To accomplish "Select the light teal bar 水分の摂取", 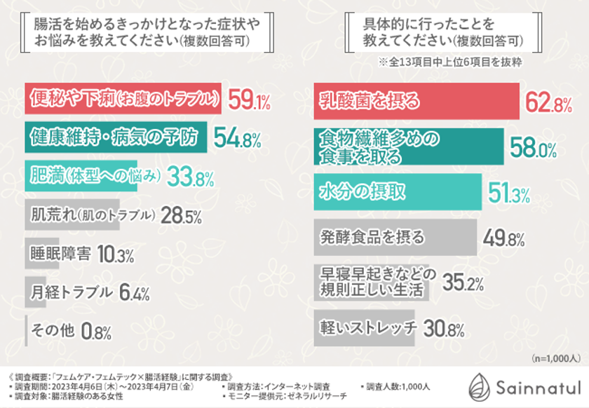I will click(x=397, y=193).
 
